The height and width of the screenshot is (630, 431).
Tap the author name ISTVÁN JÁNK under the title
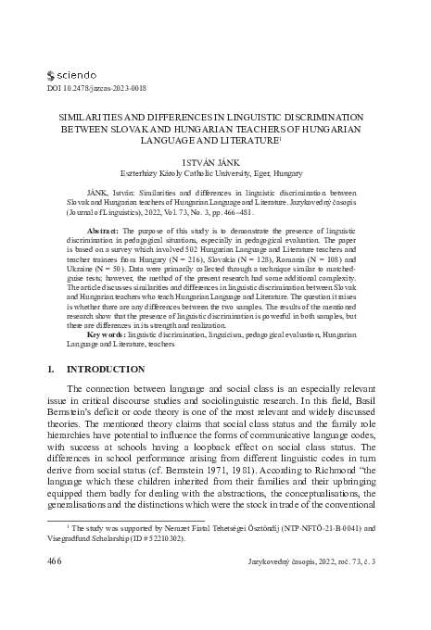(214, 159)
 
